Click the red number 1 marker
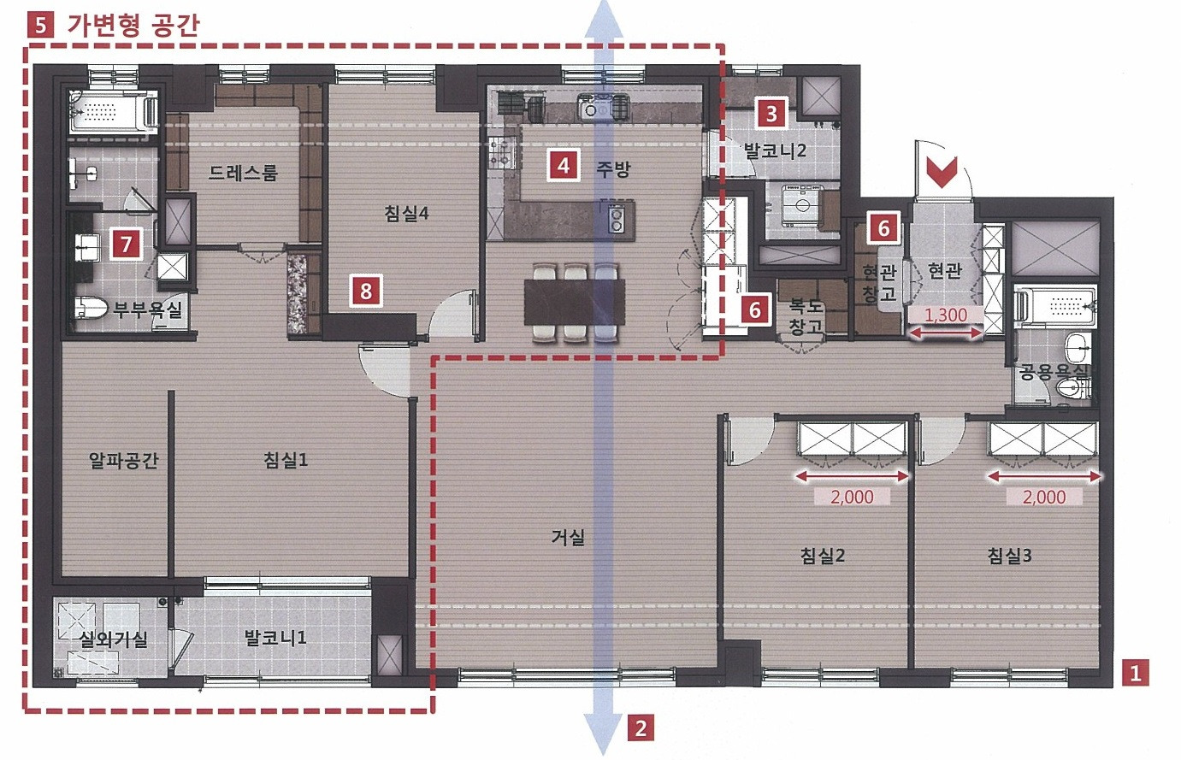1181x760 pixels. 1135,673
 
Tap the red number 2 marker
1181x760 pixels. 641,729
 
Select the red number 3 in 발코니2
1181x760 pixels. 771,113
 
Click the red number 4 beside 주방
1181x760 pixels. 563,166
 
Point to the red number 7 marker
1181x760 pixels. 126,244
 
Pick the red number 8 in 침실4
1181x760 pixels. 366,291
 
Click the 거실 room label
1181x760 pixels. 568,538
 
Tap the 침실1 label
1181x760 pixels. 286,460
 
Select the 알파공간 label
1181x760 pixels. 123,460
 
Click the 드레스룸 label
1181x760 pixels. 243,173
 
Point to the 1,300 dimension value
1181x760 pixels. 946,315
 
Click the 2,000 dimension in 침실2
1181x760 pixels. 852,497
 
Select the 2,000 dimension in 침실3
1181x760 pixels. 1044,497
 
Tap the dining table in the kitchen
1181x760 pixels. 575,302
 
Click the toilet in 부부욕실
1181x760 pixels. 91,307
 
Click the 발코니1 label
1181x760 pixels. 275,639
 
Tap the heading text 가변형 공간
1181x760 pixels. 133,25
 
